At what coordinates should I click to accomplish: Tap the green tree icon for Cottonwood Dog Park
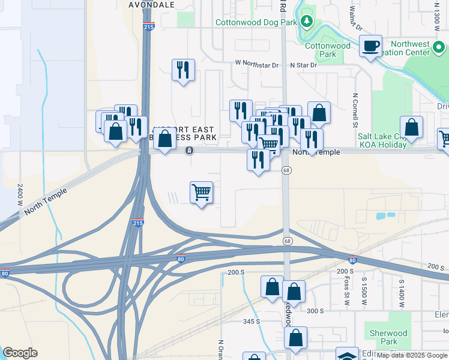tap(307, 22)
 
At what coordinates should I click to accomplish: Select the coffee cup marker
tap(371, 46)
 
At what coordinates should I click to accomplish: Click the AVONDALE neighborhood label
tap(152, 4)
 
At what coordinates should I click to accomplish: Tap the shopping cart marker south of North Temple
tap(201, 193)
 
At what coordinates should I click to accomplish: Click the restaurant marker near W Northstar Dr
tap(182, 70)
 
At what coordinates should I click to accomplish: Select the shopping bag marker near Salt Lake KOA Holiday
tap(411, 127)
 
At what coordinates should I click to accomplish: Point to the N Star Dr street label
tap(303, 65)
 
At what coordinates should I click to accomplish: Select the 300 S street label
tap(315, 310)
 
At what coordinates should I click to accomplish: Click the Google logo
tap(20, 353)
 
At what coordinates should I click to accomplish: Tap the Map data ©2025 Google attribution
tap(412, 356)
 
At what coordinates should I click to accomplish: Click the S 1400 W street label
tap(400, 292)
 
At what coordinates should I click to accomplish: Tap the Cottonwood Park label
tap(328, 50)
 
